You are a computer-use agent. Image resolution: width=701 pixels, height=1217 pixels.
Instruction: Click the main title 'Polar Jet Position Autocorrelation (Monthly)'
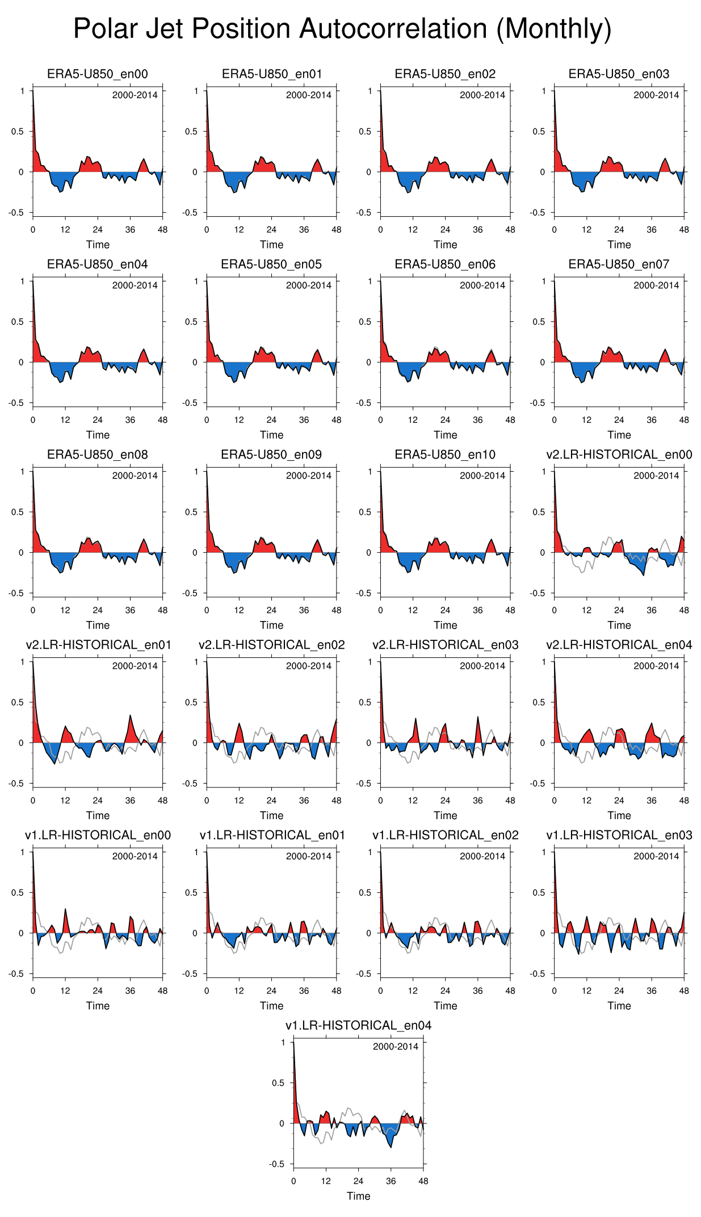342,29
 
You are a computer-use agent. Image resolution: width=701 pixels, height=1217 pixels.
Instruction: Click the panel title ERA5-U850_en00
98,74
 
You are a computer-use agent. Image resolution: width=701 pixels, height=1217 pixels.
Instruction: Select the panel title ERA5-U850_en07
619,264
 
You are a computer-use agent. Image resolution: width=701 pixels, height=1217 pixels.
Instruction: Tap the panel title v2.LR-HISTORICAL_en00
619,455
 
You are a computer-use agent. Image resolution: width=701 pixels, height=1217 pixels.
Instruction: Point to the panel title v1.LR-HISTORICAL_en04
358,1025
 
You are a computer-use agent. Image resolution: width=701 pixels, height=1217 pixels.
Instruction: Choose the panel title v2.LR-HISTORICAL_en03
446,645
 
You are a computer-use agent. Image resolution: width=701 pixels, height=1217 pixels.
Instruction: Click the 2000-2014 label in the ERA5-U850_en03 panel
656,95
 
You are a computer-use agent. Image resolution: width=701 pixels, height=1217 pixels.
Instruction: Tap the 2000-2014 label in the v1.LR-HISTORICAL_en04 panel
395,1047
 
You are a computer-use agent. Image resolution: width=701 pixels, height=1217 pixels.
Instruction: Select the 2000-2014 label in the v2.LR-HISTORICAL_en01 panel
135,666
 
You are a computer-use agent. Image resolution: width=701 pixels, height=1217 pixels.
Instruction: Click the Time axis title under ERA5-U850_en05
271,435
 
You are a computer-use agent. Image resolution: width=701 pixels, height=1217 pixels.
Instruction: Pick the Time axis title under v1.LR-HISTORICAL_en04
358,1196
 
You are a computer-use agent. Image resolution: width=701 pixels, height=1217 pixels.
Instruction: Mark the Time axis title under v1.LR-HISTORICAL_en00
98,1006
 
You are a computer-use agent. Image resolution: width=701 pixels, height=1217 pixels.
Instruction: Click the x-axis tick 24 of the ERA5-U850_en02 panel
445,230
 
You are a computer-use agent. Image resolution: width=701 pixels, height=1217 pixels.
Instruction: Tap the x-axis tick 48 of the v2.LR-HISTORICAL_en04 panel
684,800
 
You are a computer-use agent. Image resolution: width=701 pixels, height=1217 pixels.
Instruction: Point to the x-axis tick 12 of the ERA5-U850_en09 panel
239,610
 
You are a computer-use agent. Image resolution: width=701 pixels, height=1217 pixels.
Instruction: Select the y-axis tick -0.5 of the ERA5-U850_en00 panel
17,213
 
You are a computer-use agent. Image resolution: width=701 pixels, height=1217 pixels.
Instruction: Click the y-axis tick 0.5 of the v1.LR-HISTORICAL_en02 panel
365,892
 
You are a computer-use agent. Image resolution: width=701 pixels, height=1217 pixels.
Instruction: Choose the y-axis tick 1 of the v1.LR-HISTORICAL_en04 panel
283,1042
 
